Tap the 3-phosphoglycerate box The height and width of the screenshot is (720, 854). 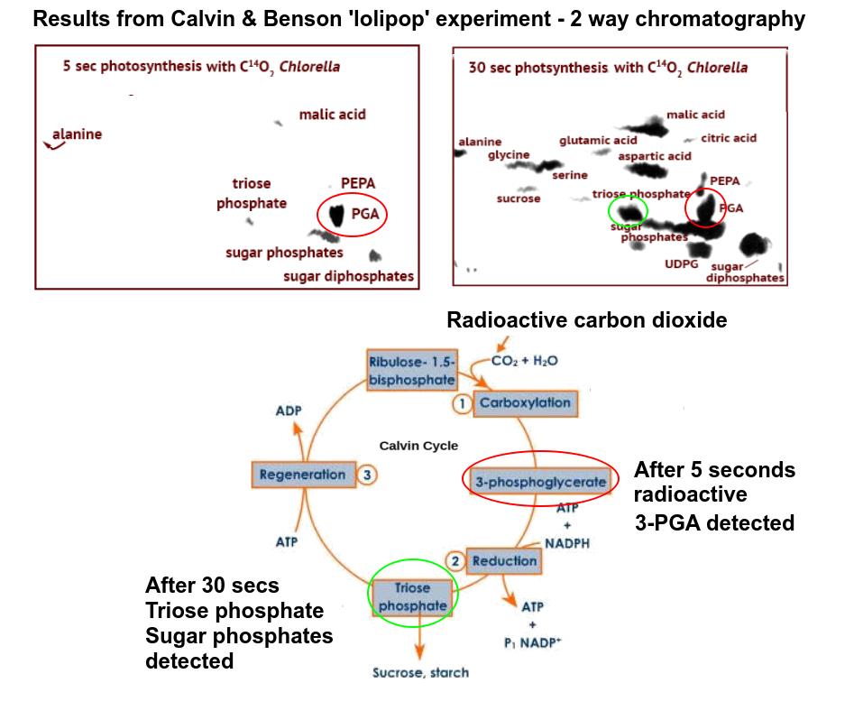click(x=540, y=482)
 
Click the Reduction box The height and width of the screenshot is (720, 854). click(x=504, y=560)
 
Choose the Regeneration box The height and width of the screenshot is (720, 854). click(x=302, y=475)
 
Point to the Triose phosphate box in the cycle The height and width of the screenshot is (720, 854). click(x=413, y=596)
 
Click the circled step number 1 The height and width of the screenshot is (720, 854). click(x=462, y=404)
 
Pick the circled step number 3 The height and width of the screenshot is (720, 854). click(x=366, y=475)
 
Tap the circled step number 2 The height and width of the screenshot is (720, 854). click(x=455, y=561)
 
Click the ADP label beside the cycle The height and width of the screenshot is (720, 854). click(x=289, y=411)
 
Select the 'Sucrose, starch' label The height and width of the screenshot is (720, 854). click(x=420, y=672)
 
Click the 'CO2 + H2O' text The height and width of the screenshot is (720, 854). click(x=525, y=361)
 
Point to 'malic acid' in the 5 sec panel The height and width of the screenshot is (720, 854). click(x=333, y=115)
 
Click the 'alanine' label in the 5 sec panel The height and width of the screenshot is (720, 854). click(x=77, y=134)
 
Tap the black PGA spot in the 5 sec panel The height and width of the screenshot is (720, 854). click(x=336, y=216)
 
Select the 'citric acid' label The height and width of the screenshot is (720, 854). click(x=729, y=138)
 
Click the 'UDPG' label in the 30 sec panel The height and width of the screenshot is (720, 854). click(x=682, y=264)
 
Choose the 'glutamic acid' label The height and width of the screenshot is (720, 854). click(x=598, y=140)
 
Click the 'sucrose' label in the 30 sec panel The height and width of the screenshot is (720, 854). click(x=519, y=198)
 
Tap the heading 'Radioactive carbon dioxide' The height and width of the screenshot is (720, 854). click(x=586, y=320)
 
